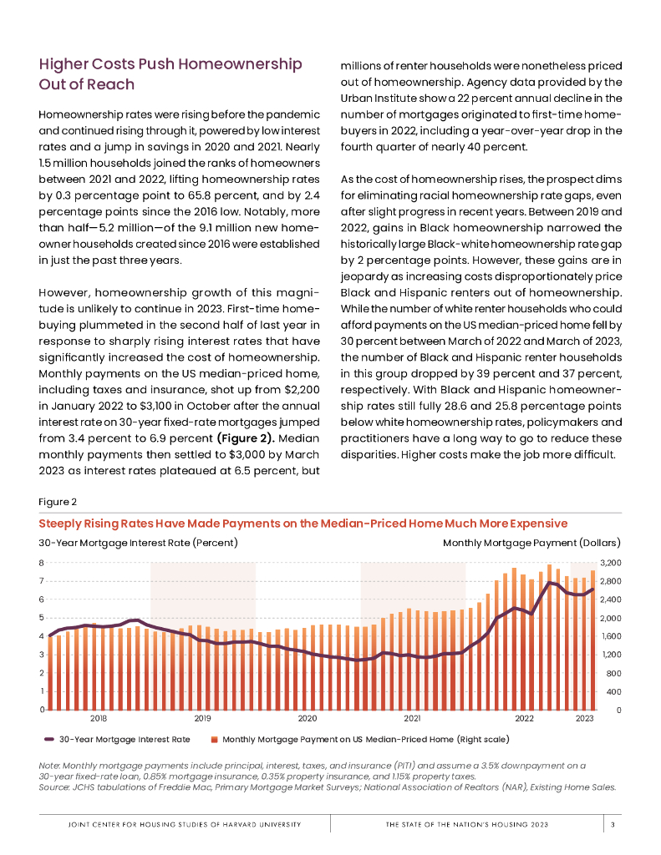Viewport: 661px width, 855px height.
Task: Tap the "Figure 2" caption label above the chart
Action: (58, 502)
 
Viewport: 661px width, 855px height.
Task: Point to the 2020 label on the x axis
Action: (307, 718)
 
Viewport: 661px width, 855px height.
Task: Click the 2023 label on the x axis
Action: (584, 718)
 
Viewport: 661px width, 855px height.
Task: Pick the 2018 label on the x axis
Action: (98, 718)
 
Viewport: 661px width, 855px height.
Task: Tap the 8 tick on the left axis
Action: (42, 563)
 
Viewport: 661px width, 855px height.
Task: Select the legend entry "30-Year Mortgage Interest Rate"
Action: (124, 739)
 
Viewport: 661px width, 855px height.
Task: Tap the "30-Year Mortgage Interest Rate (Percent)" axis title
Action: (139, 543)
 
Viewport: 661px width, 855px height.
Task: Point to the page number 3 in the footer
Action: (613, 825)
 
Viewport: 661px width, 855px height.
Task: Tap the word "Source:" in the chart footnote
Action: (55, 787)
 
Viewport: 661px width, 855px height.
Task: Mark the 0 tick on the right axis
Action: (618, 711)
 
